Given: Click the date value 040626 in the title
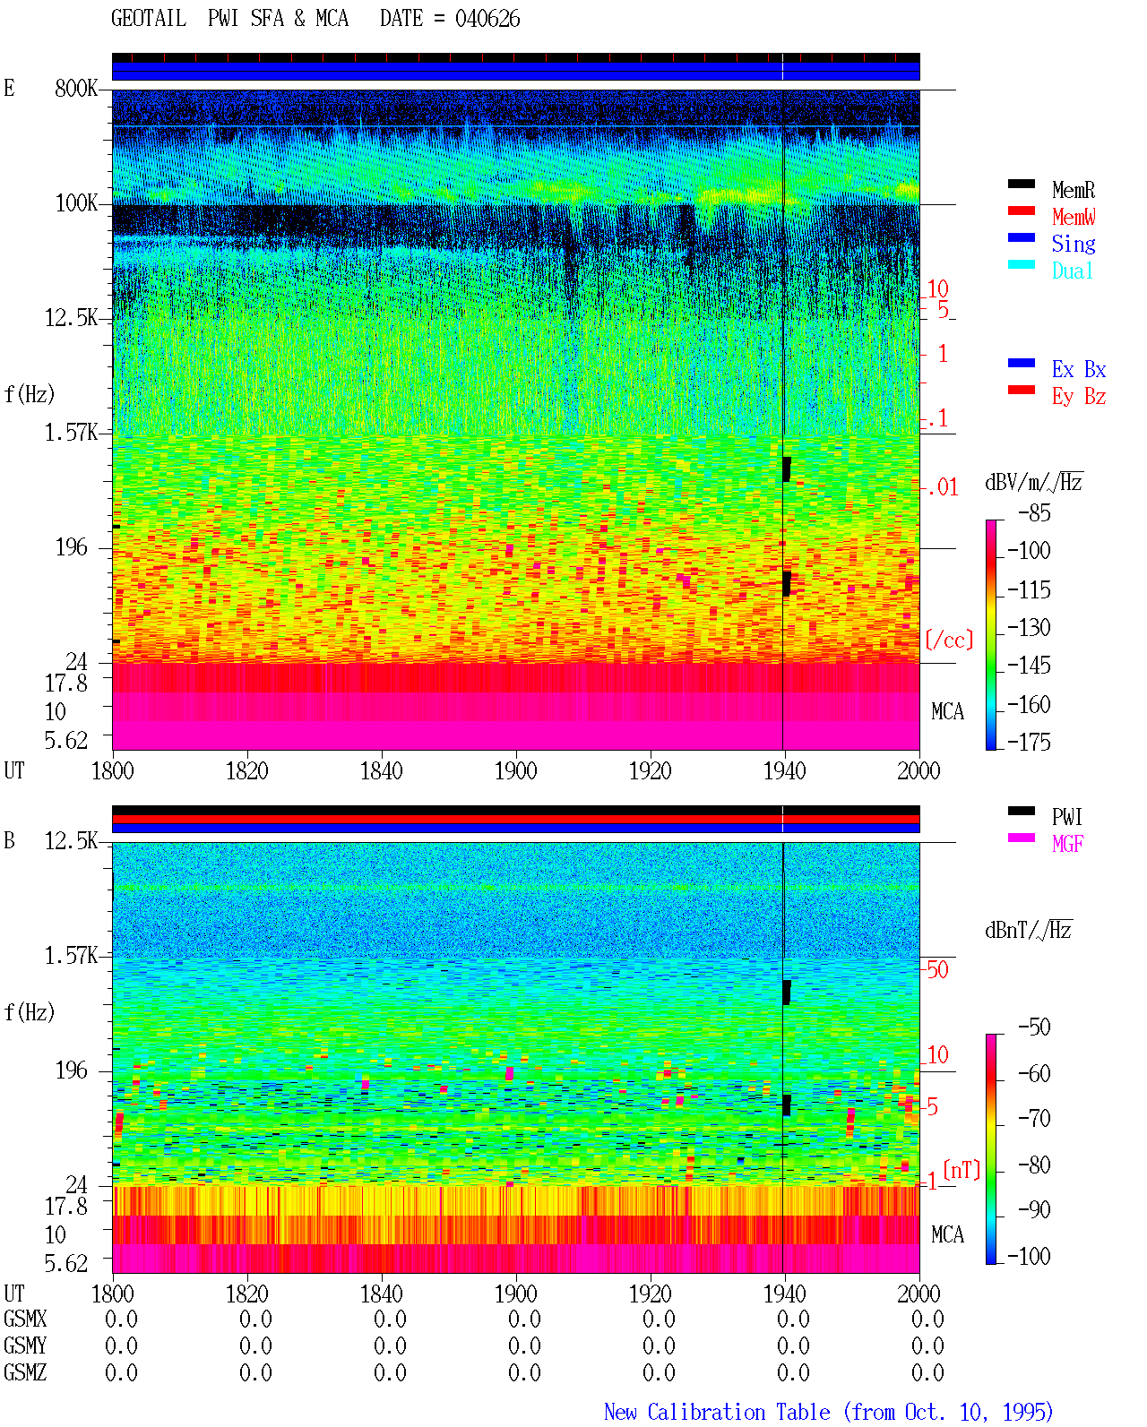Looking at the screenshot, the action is click(487, 19).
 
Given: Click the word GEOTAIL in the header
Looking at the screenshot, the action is click(149, 19).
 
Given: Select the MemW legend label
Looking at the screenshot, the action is click(1074, 217).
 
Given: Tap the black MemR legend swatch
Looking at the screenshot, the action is click(1021, 184).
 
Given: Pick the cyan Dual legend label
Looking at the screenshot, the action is click(1072, 271).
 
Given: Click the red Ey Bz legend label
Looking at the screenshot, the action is click(1078, 397).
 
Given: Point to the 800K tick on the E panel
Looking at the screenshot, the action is click(76, 88).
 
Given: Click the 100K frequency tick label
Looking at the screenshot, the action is click(76, 203).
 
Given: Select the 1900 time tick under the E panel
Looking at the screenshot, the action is click(515, 770).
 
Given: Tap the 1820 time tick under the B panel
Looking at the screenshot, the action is click(246, 1293).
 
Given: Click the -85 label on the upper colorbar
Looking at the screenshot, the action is click(1034, 512).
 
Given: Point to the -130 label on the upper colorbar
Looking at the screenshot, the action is click(1029, 627).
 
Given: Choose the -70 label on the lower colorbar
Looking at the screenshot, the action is click(1034, 1118).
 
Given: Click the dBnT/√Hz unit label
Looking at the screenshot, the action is click(1028, 930).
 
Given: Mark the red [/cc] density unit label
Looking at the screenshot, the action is click(949, 640).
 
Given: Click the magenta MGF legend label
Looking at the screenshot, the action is click(1067, 844).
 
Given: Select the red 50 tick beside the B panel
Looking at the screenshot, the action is click(937, 969).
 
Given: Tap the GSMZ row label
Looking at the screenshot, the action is click(25, 1372).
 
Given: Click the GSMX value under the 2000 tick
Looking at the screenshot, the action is click(927, 1319).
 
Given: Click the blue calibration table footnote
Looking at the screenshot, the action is click(828, 1412).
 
